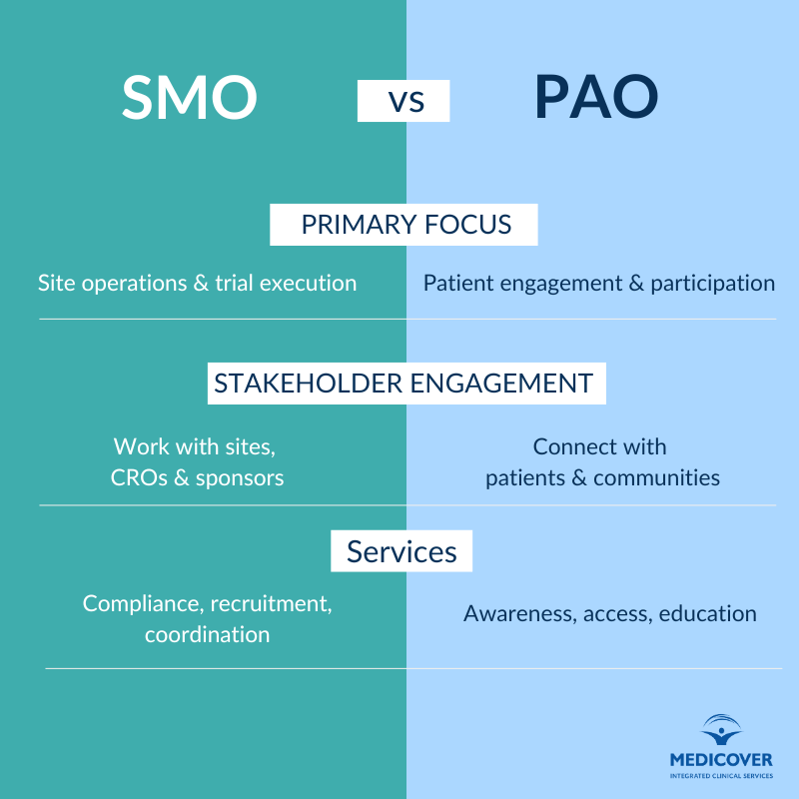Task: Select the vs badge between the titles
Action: [x=403, y=101]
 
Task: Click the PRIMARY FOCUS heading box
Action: [x=404, y=225]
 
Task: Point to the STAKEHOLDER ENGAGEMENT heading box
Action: [x=406, y=384]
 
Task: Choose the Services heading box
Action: [x=401, y=551]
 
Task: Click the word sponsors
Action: [x=240, y=478]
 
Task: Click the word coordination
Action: [x=207, y=634]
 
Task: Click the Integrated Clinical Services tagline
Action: [x=721, y=775]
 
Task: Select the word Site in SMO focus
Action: [x=56, y=283]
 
